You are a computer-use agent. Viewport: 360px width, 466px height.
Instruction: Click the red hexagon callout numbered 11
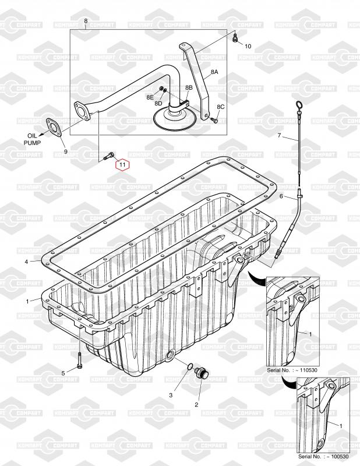(122, 164)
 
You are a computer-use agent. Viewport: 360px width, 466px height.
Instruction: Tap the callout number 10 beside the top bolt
(248, 46)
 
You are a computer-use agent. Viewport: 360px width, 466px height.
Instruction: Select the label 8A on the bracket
(214, 72)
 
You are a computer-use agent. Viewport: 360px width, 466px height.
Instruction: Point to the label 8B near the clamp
(189, 87)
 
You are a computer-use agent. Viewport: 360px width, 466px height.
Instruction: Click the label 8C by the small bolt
(221, 107)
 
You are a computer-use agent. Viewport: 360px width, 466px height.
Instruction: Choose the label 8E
(150, 97)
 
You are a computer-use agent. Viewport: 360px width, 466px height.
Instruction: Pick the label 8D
(158, 103)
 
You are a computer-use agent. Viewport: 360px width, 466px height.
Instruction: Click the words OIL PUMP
(33, 139)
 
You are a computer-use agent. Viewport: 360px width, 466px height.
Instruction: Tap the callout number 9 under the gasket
(66, 151)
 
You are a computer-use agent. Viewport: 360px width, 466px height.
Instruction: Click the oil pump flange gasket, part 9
(54, 128)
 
